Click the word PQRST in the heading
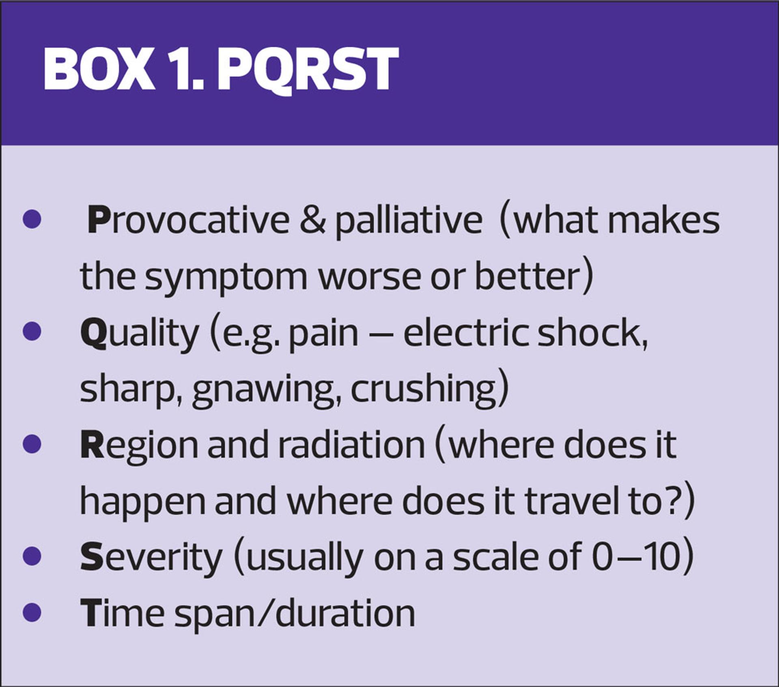click(x=308, y=69)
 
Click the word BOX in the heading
click(x=99, y=69)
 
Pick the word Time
click(x=122, y=613)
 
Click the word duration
click(x=345, y=613)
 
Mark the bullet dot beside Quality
click(x=32, y=332)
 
